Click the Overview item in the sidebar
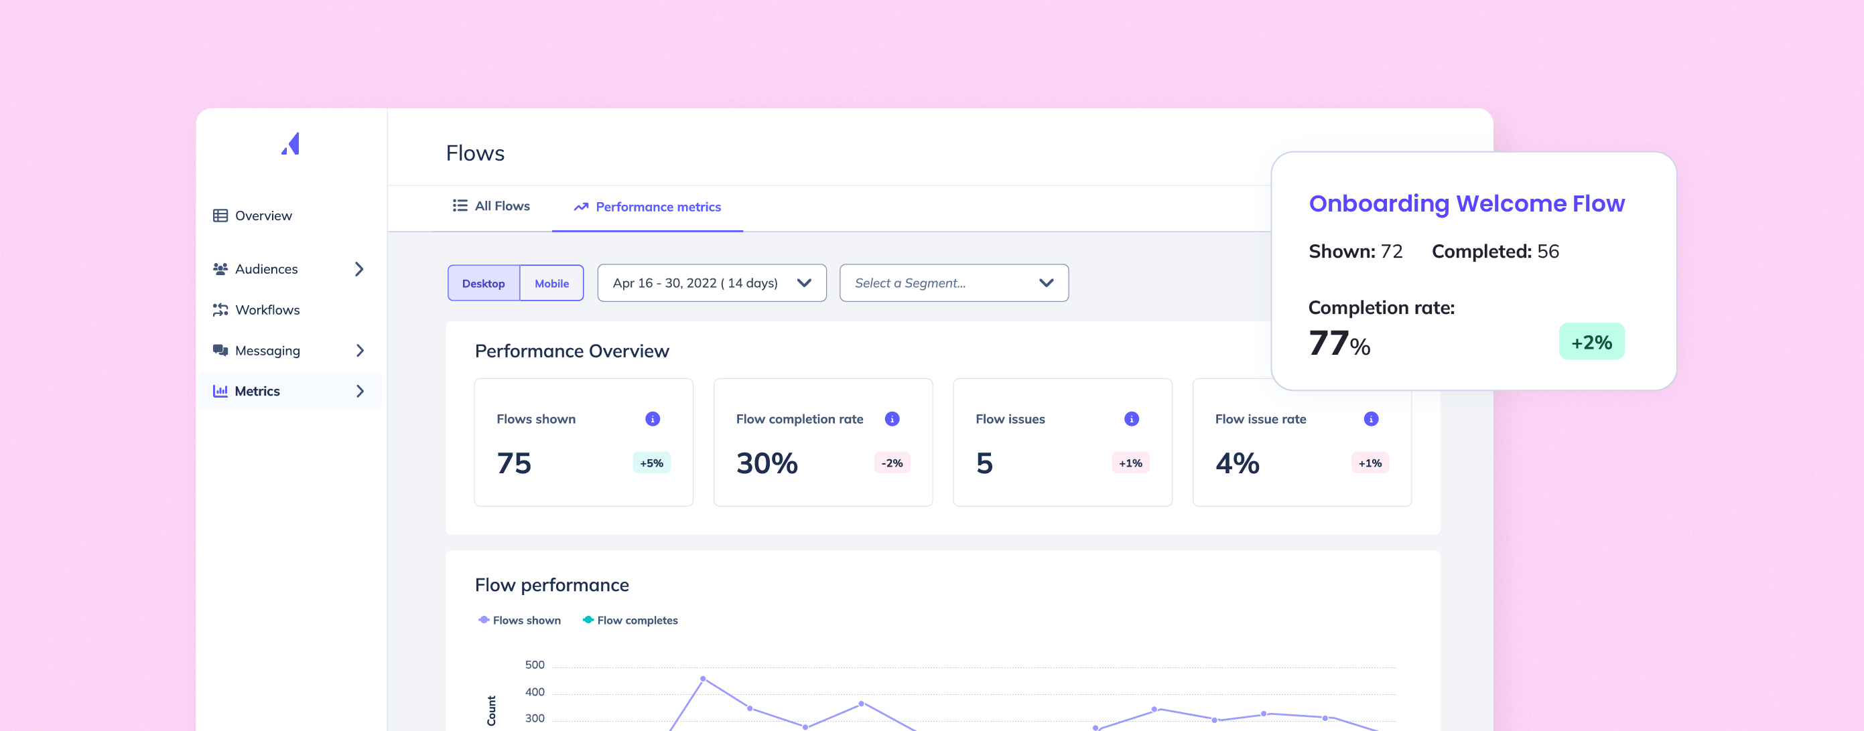(x=253, y=216)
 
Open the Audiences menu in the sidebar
(x=288, y=269)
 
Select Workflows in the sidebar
(x=256, y=309)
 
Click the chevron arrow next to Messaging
(x=360, y=351)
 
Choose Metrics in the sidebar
(x=289, y=391)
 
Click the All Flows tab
(x=491, y=206)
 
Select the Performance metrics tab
(x=648, y=207)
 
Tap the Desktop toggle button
(x=483, y=283)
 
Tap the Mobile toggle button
(x=551, y=283)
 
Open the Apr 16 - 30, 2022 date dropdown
(x=712, y=282)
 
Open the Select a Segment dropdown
(x=953, y=282)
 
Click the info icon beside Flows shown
(x=653, y=419)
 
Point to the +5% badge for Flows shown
(x=652, y=463)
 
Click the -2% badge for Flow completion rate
(x=892, y=463)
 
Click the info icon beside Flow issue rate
(x=1372, y=419)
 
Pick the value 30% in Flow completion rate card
(x=767, y=463)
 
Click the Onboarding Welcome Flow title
(x=1467, y=204)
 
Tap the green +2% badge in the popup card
(x=1592, y=342)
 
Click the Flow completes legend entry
(x=630, y=621)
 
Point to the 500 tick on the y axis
(x=535, y=665)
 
